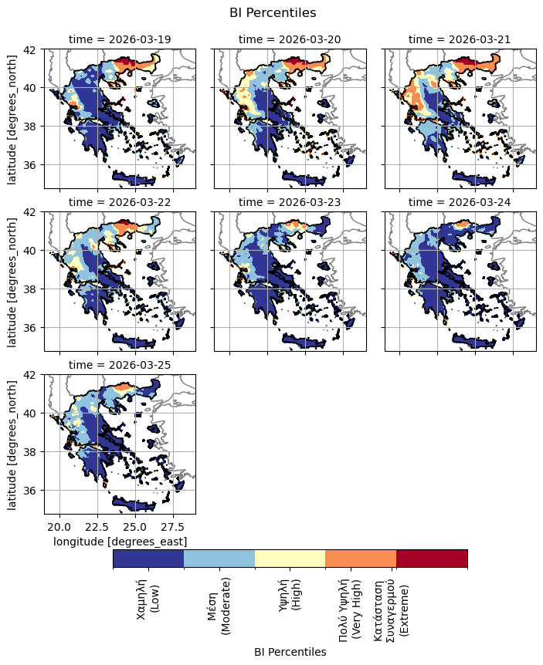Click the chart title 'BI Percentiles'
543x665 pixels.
(x=273, y=12)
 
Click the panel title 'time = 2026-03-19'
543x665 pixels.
(x=120, y=39)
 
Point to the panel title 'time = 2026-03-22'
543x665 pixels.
(x=120, y=201)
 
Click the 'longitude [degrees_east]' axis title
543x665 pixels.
(x=120, y=542)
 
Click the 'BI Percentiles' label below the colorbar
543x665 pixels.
(x=290, y=652)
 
